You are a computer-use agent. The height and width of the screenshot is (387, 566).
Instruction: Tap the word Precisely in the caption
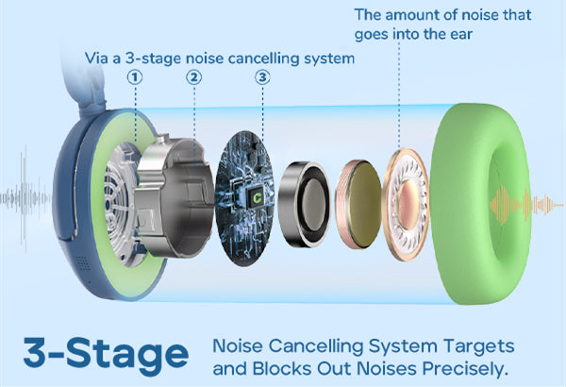tap(465, 367)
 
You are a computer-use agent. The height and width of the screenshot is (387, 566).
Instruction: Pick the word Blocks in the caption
tap(287, 367)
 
